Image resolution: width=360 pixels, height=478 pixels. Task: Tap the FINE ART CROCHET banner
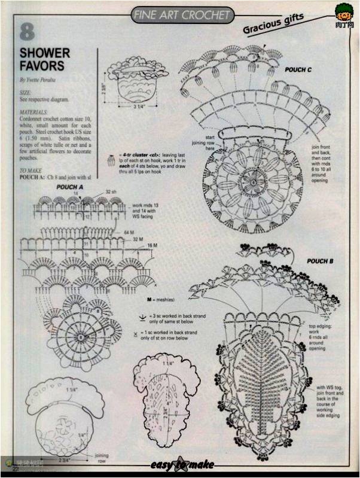click(181, 14)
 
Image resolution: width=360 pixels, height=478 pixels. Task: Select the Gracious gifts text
click(273, 24)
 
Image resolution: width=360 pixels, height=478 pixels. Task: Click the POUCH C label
click(298, 70)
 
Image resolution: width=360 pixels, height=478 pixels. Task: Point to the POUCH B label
click(320, 261)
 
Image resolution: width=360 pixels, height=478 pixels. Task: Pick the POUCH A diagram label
click(70, 187)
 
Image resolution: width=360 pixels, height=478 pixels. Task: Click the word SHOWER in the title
click(45, 53)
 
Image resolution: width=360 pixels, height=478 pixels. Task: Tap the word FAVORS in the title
click(41, 65)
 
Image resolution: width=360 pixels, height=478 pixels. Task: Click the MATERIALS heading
click(33, 112)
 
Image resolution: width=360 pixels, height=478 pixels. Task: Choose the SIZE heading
click(25, 93)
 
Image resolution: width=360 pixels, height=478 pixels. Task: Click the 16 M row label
click(152, 245)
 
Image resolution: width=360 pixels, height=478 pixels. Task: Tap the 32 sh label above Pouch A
click(111, 191)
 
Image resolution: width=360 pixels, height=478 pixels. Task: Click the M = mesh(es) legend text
click(164, 297)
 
